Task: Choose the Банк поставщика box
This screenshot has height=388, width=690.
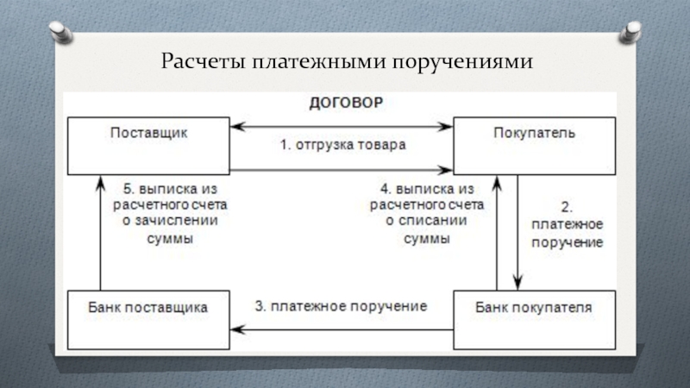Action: tap(150, 320)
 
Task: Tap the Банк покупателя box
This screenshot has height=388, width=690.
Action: tap(535, 320)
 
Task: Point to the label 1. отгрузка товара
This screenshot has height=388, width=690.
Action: tap(342, 145)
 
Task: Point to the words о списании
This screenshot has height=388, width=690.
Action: tap(428, 222)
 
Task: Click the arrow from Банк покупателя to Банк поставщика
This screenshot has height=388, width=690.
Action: tap(342, 329)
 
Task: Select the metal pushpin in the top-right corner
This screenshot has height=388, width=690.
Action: tap(628, 34)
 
